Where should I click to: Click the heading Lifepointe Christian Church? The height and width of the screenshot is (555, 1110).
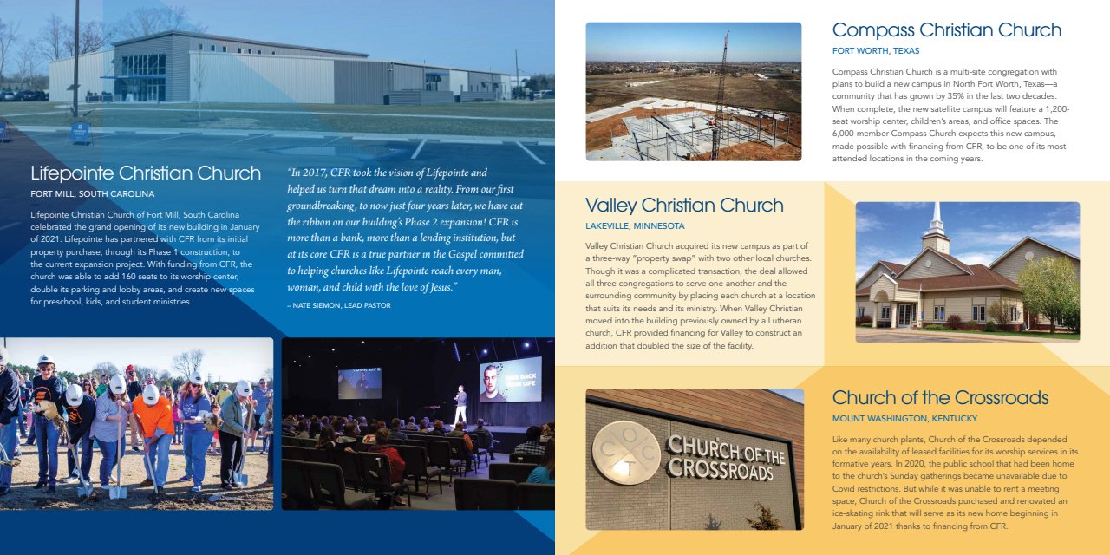click(x=146, y=173)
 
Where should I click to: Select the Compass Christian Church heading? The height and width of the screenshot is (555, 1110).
click(x=946, y=30)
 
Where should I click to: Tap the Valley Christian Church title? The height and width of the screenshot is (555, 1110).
click(x=684, y=206)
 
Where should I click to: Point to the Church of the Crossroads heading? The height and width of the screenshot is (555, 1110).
click(x=940, y=398)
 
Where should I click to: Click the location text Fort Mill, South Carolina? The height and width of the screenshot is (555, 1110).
click(x=93, y=194)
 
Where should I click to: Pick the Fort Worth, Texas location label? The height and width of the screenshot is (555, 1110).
click(x=876, y=51)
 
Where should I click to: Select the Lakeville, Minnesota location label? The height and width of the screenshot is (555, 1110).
click(x=635, y=226)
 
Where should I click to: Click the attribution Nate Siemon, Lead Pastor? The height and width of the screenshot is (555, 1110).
click(x=339, y=305)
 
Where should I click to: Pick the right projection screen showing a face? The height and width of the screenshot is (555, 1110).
click(x=510, y=380)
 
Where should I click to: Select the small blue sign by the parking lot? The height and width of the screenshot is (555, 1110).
click(x=81, y=133)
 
